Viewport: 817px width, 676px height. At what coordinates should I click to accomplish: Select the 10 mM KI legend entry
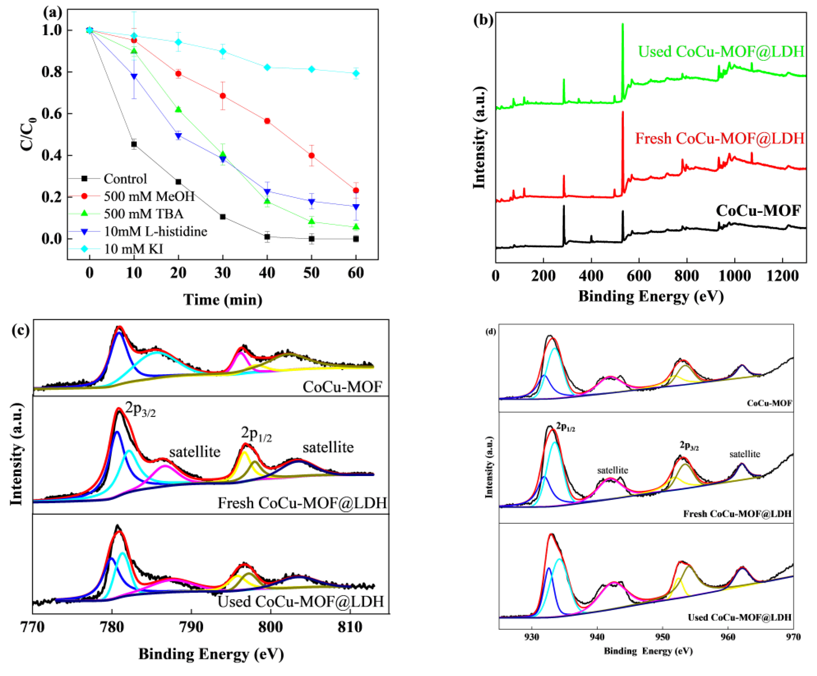(x=133, y=249)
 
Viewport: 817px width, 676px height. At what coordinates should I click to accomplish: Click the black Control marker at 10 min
(x=134, y=144)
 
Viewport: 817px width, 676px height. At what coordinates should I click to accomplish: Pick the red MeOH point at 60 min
(x=356, y=191)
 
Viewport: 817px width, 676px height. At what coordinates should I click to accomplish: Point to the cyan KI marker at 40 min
(x=267, y=67)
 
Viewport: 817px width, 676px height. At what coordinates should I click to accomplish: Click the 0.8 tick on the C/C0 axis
(x=52, y=72)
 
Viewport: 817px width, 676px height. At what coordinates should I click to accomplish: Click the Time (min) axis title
(x=223, y=299)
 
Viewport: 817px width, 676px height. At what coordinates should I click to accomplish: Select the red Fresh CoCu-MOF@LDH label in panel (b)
(x=719, y=138)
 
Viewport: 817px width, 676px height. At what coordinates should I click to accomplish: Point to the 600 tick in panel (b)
(x=639, y=276)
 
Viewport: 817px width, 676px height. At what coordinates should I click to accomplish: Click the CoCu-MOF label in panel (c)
(x=342, y=387)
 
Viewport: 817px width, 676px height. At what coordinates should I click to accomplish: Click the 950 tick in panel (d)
(x=662, y=637)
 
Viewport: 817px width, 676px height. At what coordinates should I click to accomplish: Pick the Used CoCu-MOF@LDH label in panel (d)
(x=739, y=617)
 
